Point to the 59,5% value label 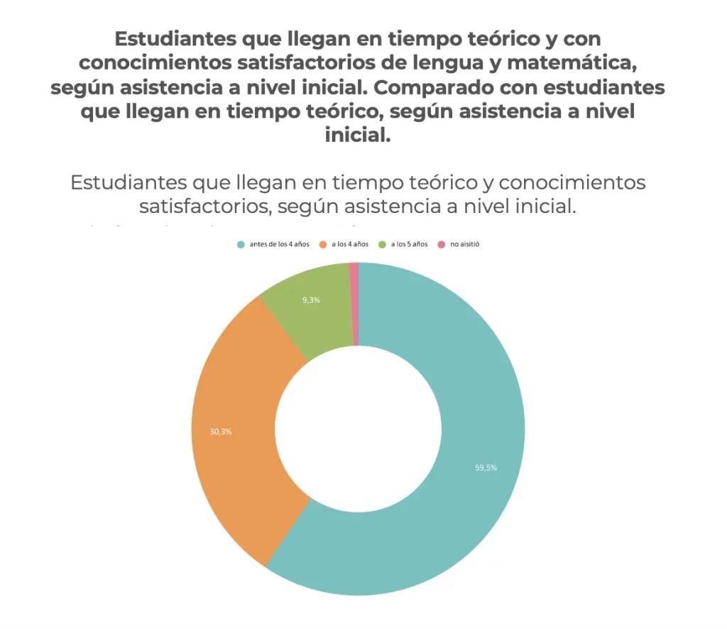tap(486, 468)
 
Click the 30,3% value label tap(221, 432)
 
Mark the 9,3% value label tap(311, 300)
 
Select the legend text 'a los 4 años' tap(350, 244)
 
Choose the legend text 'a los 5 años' tap(409, 244)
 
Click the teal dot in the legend tap(241, 244)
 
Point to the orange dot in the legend tap(323, 244)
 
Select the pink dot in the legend tap(442, 244)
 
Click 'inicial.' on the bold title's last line tap(358, 136)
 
